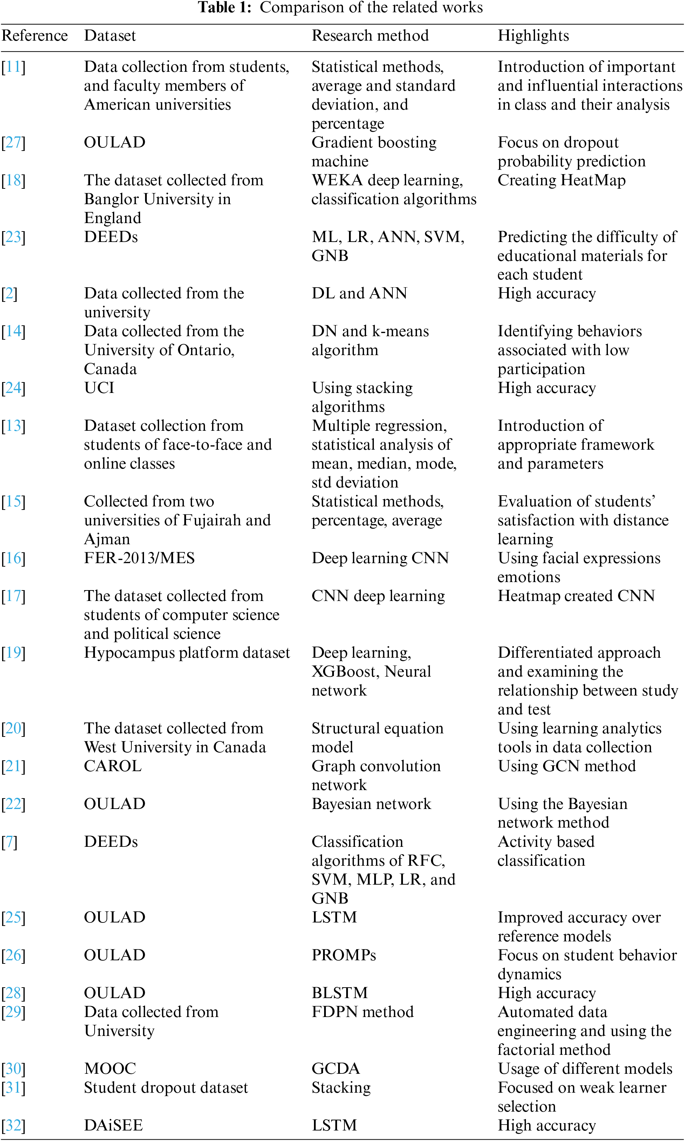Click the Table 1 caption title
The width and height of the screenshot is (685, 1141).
340,8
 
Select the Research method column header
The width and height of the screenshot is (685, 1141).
370,35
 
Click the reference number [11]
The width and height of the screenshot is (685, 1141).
13,67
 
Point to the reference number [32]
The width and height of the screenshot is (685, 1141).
13,1125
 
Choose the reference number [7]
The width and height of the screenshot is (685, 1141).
9,842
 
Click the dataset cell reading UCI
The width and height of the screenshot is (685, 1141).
99,388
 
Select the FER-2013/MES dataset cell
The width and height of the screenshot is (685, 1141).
139,558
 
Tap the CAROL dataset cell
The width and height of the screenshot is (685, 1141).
112,766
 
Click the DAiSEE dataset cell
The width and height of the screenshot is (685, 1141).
113,1125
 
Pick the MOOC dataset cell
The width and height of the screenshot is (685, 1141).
110,1068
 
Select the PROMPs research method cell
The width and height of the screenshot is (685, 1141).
343,955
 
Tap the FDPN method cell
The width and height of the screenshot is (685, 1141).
362,1011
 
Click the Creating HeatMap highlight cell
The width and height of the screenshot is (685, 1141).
561,180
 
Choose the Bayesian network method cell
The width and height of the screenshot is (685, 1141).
371,804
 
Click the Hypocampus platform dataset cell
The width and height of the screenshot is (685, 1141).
187,652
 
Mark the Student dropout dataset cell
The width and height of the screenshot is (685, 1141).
166,1087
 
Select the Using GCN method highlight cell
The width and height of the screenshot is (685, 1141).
566,766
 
